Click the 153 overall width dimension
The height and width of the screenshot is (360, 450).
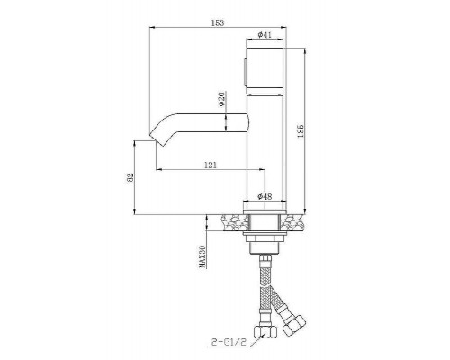[218, 22]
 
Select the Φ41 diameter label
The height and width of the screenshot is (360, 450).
[265, 34]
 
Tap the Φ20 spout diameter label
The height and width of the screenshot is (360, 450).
[221, 99]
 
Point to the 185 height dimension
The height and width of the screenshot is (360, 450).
[301, 131]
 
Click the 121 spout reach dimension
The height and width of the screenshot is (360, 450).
[211, 165]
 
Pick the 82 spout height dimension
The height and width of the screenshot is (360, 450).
[130, 177]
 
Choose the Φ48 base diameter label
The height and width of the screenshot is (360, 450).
[265, 196]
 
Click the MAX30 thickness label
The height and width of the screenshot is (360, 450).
[202, 256]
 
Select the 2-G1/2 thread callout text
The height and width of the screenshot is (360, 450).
[229, 342]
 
